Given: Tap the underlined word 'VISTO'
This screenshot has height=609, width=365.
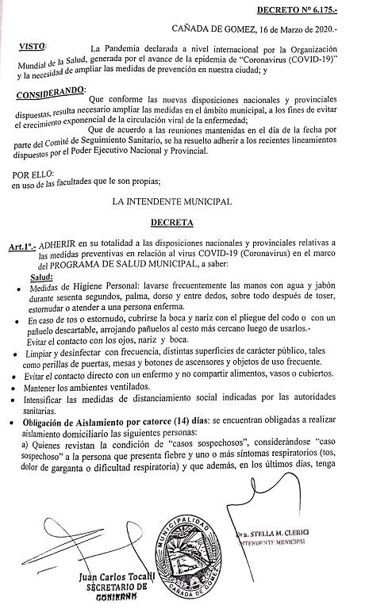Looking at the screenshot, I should (33, 48).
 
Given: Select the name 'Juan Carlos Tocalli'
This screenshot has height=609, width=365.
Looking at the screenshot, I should (121, 575).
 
